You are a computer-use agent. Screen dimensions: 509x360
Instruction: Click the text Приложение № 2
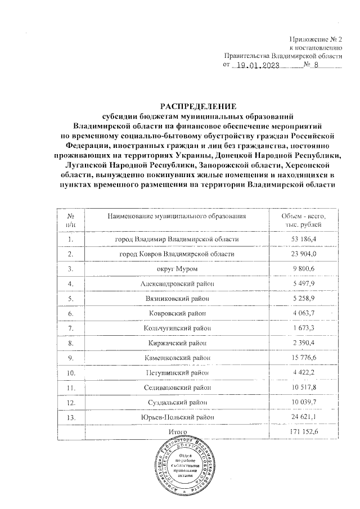(314, 39)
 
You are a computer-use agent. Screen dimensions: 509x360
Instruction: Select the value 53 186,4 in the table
(303, 240)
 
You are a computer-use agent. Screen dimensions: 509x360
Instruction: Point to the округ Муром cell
(177, 269)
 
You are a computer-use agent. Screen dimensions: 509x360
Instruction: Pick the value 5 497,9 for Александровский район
(303, 284)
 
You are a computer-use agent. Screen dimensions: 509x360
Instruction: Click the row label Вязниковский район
(177, 299)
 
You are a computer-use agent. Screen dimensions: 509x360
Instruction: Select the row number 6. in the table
(71, 313)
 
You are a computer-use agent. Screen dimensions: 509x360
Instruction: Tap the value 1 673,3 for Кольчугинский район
(303, 328)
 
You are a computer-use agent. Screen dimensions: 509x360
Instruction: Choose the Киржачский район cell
(177, 343)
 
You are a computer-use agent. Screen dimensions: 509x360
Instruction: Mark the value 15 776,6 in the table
(303, 357)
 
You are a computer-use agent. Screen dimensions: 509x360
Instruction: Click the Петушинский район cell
(177, 372)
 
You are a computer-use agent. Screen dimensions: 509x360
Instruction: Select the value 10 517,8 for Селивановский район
(303, 387)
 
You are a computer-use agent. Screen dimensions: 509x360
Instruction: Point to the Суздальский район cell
(177, 402)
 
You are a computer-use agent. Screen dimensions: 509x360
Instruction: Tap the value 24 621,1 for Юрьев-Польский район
(303, 417)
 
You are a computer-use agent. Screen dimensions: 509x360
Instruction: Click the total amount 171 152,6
(303, 431)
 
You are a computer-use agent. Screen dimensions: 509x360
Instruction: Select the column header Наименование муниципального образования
(177, 217)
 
